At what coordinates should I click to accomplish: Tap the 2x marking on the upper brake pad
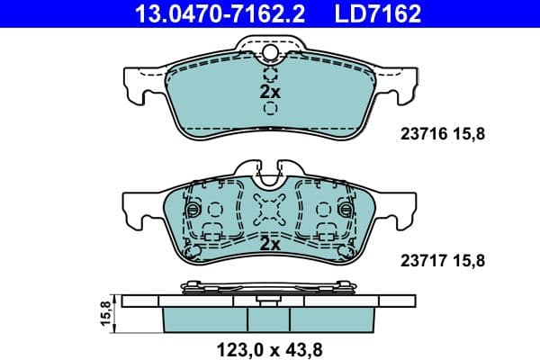pyautogui.click(x=270, y=92)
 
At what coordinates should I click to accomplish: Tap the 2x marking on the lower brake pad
pyautogui.click(x=270, y=244)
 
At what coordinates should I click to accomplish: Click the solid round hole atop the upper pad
pyautogui.click(x=270, y=53)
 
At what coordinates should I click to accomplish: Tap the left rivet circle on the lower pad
pyautogui.click(x=191, y=210)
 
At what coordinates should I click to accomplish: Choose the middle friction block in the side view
pyautogui.click(x=270, y=317)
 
